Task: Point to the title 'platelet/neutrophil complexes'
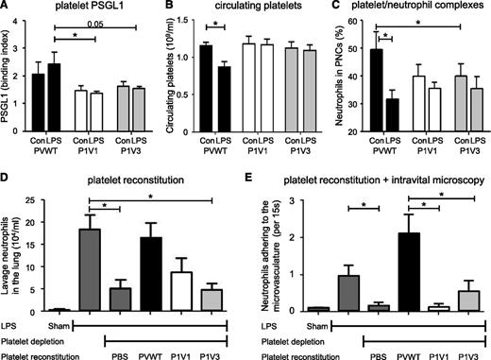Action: click(x=417, y=9)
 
